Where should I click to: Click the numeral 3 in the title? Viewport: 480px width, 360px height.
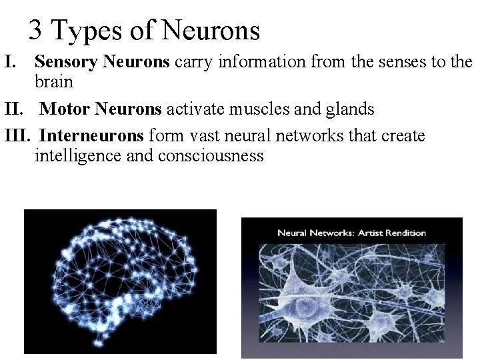tap(36, 30)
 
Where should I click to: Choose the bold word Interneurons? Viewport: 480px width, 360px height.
tap(91, 137)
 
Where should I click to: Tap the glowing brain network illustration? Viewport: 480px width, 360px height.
tap(120, 280)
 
